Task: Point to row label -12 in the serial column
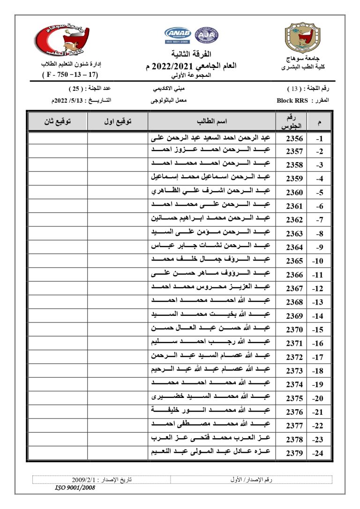coord(319,288)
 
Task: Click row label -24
coord(319,453)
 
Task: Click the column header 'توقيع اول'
coord(118,121)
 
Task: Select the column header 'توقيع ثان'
coord(58,121)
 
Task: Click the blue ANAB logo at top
coord(176,34)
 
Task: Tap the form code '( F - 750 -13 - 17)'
coord(70,75)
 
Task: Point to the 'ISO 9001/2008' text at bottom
coord(75,487)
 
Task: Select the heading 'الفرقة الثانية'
coord(192,53)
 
